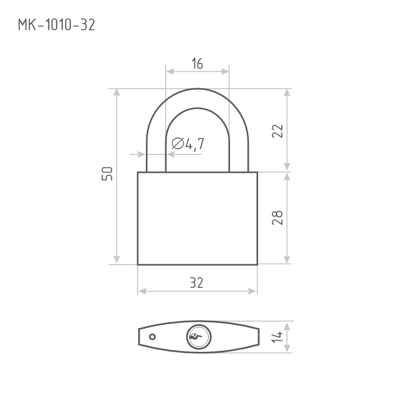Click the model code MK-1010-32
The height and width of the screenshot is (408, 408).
tap(56, 25)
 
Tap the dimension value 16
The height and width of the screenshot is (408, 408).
tap(197, 64)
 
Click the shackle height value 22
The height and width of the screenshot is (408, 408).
tap(277, 131)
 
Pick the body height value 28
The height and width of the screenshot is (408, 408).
tap(277, 218)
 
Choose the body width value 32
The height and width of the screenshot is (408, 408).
tap(196, 284)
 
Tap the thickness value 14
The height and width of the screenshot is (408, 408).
tap(277, 337)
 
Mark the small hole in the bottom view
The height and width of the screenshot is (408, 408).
tap(152, 337)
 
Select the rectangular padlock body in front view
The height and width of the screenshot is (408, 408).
tap(197, 218)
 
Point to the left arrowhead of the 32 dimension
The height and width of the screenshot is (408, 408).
tap(141, 291)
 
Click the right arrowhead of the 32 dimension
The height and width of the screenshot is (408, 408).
tap(253, 291)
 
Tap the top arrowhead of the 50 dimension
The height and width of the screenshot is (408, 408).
tap(117, 92)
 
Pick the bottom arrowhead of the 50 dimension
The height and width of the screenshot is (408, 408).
tap(117, 261)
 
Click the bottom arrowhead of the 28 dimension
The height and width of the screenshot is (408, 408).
tap(288, 261)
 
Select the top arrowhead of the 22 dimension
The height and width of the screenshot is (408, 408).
tap(288, 92)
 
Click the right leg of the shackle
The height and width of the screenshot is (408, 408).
tap(238, 153)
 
